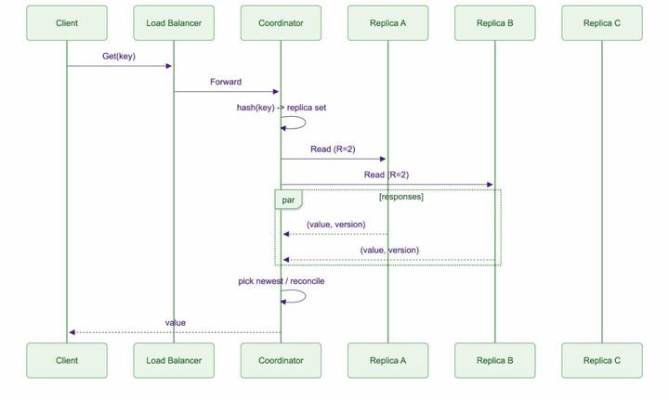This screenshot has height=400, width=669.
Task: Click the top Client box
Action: pos(66,23)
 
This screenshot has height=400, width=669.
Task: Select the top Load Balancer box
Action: pos(174,23)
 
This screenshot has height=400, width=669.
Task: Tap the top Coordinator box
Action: pos(281,23)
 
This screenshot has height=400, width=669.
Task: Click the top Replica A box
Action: pos(387,23)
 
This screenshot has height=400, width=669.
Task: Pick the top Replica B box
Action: pos(494,23)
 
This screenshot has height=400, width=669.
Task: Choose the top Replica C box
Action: pos(601,23)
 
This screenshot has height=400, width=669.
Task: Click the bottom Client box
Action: pos(66,360)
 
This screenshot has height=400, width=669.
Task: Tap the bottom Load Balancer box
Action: pos(174,360)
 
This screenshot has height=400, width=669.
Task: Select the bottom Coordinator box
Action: pos(281,360)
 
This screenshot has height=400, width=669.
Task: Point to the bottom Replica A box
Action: pos(387,360)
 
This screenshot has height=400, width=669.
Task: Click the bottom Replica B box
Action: pos(494,360)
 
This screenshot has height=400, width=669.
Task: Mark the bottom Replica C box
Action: pos(601,360)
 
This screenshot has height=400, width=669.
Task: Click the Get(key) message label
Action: pos(119,57)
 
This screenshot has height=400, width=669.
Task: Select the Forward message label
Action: pos(226,83)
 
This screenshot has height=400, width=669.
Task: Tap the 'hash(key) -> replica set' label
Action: pos(281,108)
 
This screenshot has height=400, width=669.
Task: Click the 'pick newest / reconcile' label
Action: pos(281,279)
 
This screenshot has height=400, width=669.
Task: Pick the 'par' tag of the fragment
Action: pos(288,199)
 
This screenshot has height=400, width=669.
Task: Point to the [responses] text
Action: pos(401,198)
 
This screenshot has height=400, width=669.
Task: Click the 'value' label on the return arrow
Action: pos(175,323)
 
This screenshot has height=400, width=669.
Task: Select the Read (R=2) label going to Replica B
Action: pos(387,174)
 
